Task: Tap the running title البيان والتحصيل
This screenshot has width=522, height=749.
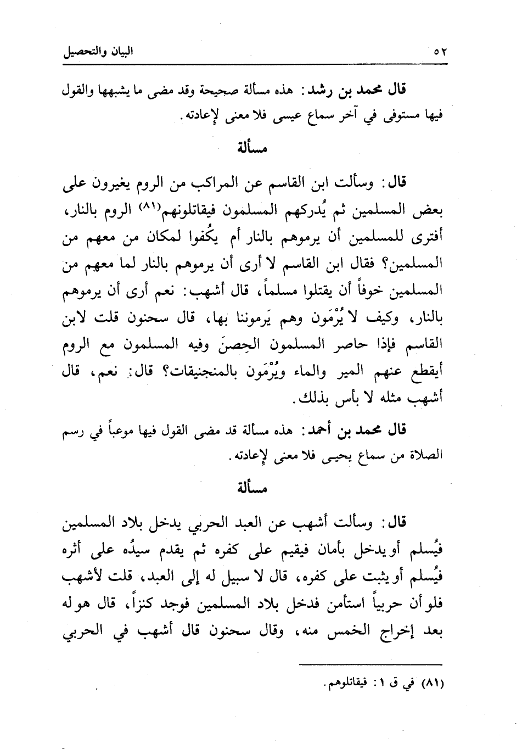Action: pyautogui.click(x=99, y=53)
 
